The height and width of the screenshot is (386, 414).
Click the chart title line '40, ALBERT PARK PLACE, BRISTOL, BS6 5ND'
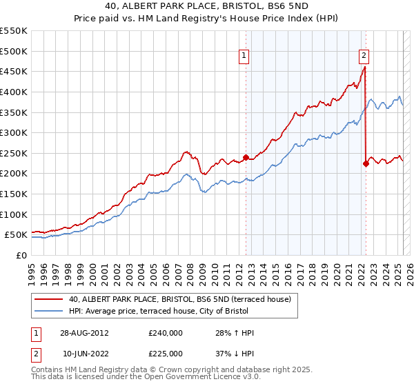207,8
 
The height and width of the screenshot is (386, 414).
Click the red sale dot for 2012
246,157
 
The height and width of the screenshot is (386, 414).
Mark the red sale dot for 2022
365,163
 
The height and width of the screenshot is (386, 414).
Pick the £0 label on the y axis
21,255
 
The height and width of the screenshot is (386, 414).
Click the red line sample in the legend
48,299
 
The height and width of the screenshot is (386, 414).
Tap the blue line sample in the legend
48,312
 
